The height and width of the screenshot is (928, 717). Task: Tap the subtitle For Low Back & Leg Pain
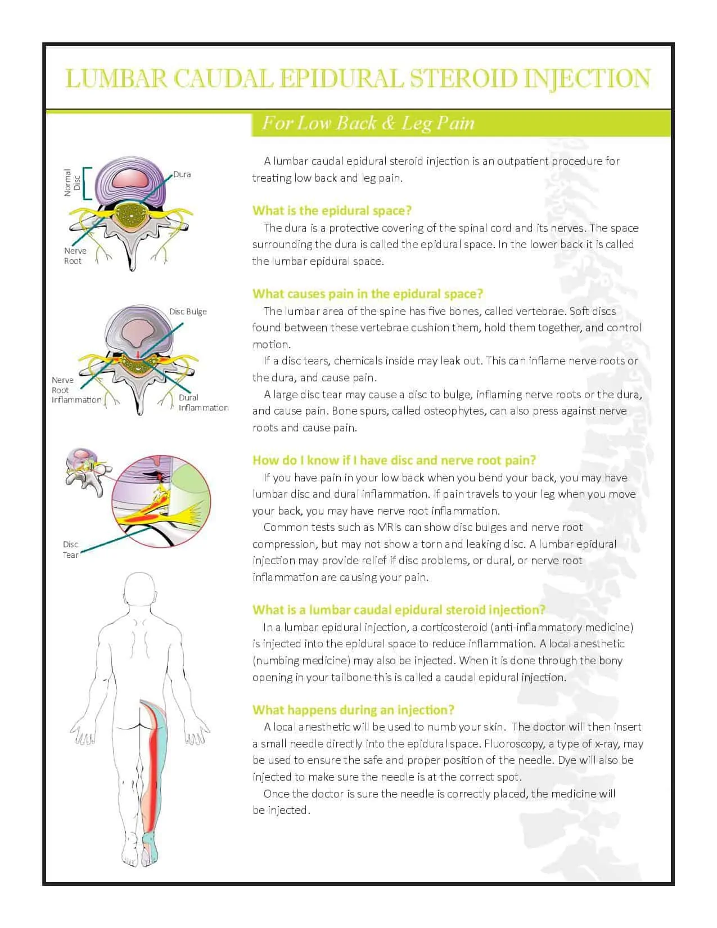(368, 123)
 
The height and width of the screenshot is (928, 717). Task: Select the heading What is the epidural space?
(332, 211)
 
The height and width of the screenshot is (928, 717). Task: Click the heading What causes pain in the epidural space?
(368, 294)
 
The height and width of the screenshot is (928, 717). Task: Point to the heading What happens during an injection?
(353, 710)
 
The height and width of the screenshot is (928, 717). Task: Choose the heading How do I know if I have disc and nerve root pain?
(394, 461)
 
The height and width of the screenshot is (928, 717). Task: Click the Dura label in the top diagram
(182, 174)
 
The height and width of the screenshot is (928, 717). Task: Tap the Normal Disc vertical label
(71, 183)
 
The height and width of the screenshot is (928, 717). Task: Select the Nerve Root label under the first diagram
(75, 256)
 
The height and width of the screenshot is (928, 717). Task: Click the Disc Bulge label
(188, 312)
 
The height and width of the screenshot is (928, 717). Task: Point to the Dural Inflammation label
(203, 403)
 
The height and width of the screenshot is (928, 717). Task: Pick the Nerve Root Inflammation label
(76, 390)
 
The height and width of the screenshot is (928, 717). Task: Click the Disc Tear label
(70, 549)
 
